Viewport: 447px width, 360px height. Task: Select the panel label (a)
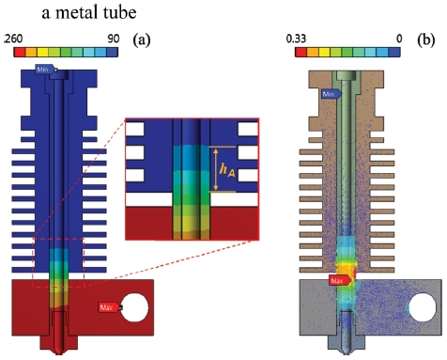[x=142, y=39]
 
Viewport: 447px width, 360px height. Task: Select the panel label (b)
[x=426, y=39]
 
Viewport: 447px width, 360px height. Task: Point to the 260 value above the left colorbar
[x=13, y=39]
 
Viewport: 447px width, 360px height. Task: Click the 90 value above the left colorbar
[x=114, y=39]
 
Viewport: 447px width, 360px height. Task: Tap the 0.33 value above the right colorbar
[x=296, y=39]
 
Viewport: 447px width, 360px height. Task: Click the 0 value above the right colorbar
[x=399, y=39]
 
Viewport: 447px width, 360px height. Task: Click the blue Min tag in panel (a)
[x=45, y=69]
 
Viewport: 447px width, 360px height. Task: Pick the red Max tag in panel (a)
[x=109, y=307]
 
